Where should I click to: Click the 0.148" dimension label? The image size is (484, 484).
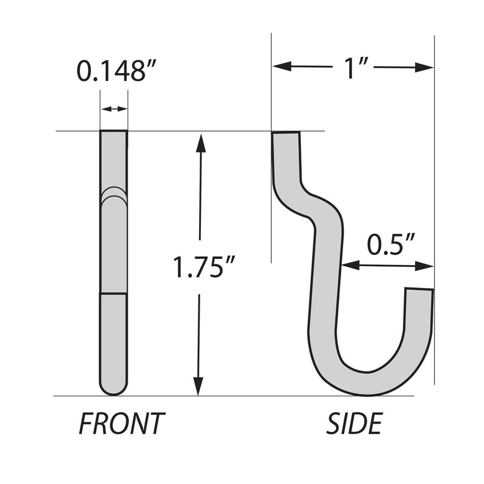pos(112,71)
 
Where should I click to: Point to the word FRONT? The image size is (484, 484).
pos(122,424)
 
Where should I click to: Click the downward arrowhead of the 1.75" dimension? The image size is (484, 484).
pos(198,387)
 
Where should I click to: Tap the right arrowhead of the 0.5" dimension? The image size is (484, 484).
pos(427,265)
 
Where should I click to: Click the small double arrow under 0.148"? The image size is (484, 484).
pos(114,109)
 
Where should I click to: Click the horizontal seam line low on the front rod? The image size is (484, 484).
pos(114,294)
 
